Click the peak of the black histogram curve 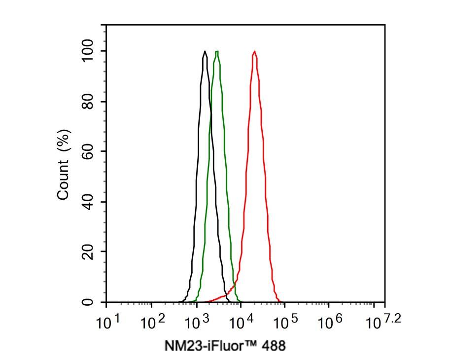pos(205,51)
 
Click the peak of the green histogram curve pos(217,51)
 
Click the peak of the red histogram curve pos(254,51)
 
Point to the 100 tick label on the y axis pos(88,51)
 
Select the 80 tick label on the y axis pos(88,102)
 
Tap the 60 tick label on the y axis pos(88,151)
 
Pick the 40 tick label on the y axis pos(88,202)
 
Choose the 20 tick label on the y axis pos(88,252)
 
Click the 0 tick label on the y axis pos(88,302)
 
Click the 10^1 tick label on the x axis pos(108,323)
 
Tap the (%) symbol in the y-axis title pos(64,140)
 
